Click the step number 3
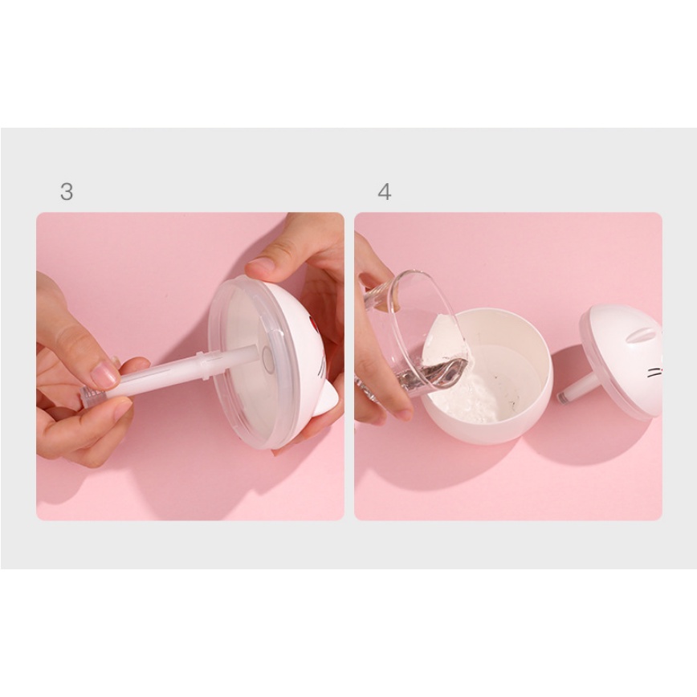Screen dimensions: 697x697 coord(67,192)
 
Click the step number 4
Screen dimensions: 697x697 coord(385,192)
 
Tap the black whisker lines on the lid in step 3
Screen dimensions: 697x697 coord(321,370)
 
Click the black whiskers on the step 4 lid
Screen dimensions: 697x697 coord(654,372)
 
